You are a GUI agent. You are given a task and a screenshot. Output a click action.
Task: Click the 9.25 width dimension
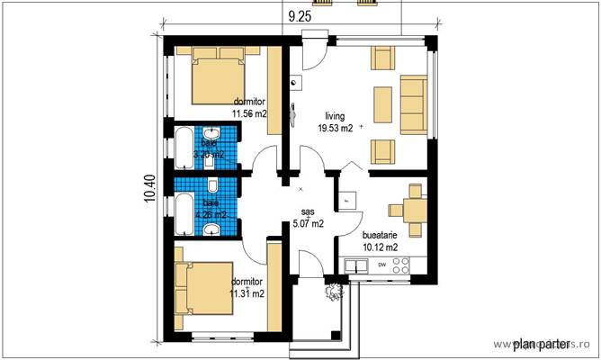coord(300,15)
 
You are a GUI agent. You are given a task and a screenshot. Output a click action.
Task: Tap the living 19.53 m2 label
coord(334,121)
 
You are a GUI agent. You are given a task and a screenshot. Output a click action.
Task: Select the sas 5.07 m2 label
coord(307,218)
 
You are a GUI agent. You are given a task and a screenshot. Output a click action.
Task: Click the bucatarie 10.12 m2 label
coord(380,238)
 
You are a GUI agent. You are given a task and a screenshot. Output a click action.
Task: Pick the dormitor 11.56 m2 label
coord(248,108)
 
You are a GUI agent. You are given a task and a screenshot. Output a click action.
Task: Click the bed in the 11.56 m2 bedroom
coord(217,78)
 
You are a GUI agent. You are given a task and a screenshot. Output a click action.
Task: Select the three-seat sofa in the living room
coord(413,101)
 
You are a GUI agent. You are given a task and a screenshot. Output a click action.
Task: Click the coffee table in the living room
coord(381,103)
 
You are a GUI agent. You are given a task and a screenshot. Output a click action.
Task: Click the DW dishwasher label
coord(382,265)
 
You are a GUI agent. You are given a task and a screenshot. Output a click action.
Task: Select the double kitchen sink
coord(355,265)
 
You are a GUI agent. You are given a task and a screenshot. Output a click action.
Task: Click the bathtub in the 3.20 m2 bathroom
coord(184,148)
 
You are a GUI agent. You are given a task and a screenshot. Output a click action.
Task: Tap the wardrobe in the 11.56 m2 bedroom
coord(275,90)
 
